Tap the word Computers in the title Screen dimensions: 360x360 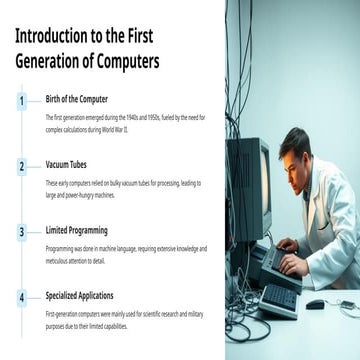pos(125,61)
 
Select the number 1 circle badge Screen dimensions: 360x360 pos(21,101)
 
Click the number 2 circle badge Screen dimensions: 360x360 pos(21,166)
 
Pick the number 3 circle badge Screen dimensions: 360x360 pos(21,231)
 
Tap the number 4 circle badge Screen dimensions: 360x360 pos(21,297)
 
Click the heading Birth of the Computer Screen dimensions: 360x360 pos(77,99)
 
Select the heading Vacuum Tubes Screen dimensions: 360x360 pos(67,165)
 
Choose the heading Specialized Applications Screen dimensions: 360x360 pos(87,296)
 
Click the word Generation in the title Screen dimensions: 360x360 pos(50,61)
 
